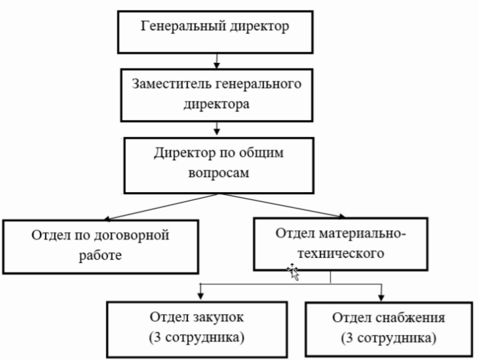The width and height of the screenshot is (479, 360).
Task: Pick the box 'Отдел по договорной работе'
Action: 100,245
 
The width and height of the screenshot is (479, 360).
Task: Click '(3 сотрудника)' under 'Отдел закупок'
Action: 198,338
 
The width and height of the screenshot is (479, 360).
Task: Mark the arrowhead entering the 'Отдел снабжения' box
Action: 381,296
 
